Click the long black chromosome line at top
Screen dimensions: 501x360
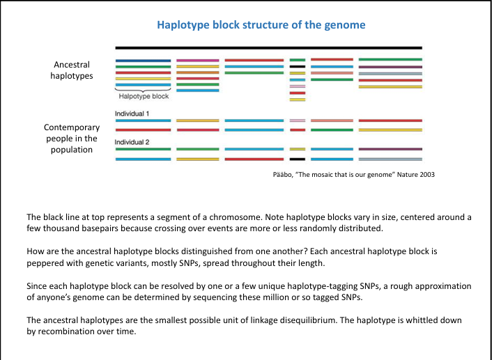[268, 47]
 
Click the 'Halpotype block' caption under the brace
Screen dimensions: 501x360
[144, 97]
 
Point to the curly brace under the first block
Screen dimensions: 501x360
[143, 90]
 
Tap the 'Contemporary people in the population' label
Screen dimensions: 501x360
[72, 139]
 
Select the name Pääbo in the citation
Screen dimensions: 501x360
[280, 174]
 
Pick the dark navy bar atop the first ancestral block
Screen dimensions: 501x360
[143, 61]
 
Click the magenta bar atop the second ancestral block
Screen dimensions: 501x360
[198, 61]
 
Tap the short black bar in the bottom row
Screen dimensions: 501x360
[298, 159]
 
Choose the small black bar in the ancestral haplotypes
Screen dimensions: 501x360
[298, 66]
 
